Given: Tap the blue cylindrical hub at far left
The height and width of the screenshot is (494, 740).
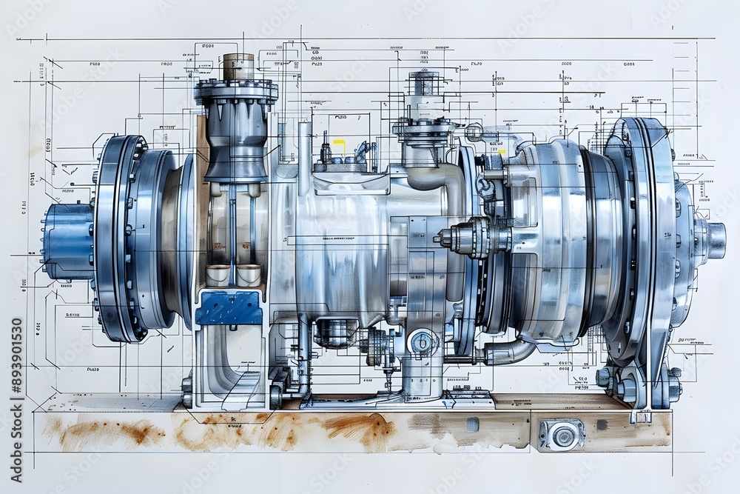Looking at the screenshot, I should [67, 241].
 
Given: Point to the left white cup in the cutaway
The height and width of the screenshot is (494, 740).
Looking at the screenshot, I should [218, 274].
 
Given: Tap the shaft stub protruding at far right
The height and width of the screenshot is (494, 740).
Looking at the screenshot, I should [714, 240].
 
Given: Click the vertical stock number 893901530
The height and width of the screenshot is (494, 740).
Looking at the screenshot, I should [16, 400].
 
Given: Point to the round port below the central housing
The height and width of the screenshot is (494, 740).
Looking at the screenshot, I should [421, 342].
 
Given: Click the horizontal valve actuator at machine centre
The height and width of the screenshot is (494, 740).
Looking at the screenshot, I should [466, 238].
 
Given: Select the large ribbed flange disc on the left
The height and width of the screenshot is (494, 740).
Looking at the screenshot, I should [118, 237].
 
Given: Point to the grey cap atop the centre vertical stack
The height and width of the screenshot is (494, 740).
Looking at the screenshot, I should [423, 83].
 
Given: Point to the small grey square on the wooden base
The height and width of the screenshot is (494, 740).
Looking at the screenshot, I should [471, 424].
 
